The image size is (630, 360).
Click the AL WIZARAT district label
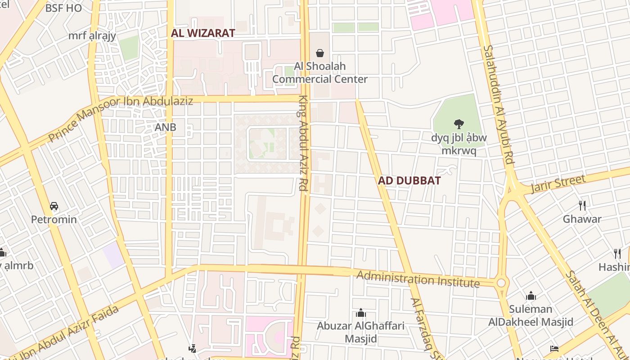click(x=203, y=33)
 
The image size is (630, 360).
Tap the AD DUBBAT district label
click(x=409, y=180)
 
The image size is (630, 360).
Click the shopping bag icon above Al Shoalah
click(x=320, y=54)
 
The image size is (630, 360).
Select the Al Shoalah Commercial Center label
click(x=320, y=73)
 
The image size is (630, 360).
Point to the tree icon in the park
click(x=459, y=124)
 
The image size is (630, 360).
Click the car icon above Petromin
click(x=54, y=206)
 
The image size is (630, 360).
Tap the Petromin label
click(x=54, y=220)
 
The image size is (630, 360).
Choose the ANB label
click(x=166, y=127)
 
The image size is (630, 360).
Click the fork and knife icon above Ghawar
click(x=582, y=206)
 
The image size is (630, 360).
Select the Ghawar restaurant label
click(x=582, y=219)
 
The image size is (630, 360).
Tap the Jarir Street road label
click(x=558, y=184)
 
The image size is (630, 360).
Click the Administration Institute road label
click(x=418, y=279)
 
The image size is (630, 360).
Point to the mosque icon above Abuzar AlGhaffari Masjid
click(x=360, y=313)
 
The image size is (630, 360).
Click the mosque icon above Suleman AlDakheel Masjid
click(x=531, y=296)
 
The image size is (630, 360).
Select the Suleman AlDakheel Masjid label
click(x=531, y=315)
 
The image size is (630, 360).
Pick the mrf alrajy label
click(x=92, y=36)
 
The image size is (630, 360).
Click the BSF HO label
click(x=63, y=8)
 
